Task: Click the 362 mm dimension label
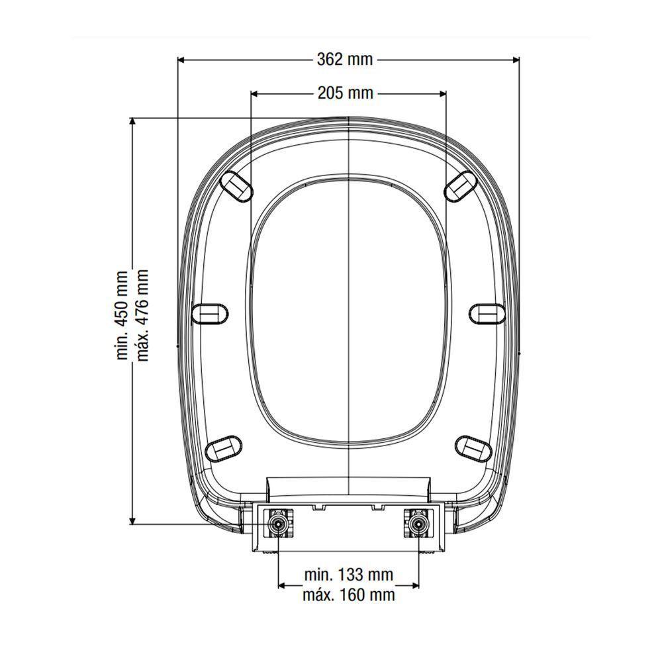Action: pos(344,60)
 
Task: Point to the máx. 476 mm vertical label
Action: pos(142,315)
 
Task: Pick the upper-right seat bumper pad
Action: pos(460,185)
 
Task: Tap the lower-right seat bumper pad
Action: pos(474,448)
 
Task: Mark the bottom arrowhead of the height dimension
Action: pos(132,520)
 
